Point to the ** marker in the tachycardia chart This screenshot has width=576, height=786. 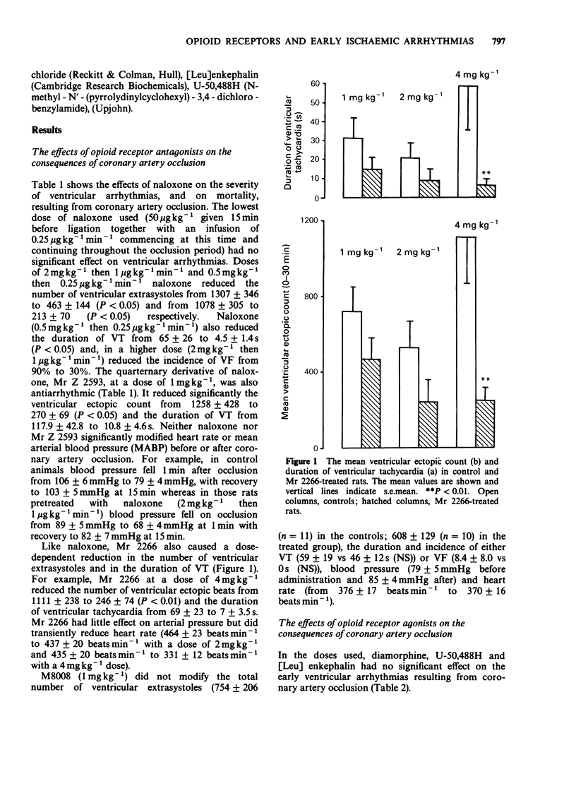(486, 173)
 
